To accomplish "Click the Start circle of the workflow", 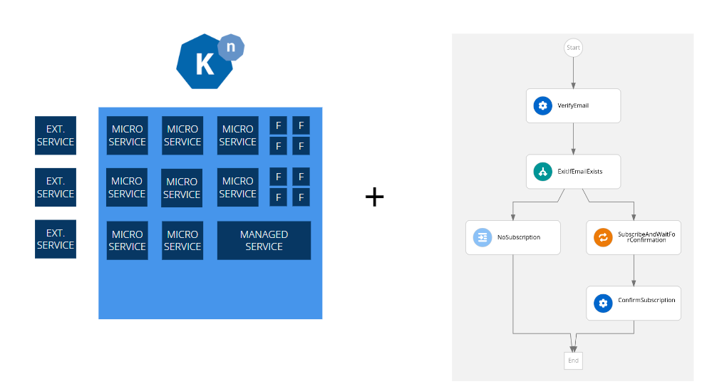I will click(573, 48).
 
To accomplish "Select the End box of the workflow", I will click(573, 360).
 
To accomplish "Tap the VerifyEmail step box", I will click(574, 105).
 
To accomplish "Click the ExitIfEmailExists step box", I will click(574, 172).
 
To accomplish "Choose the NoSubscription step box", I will click(513, 237).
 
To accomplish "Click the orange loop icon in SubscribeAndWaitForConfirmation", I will click(603, 237).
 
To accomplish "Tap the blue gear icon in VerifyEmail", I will click(542, 105).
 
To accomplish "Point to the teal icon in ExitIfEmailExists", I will click(542, 172).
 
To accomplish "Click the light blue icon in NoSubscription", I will click(482, 237).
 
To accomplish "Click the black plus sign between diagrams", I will click(374, 197).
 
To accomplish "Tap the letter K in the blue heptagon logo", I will click(205, 64).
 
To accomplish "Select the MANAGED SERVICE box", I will click(264, 240).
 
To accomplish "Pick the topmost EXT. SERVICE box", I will click(56, 135).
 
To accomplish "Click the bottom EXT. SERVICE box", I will click(56, 239).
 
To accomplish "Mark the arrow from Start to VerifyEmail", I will click(573, 73).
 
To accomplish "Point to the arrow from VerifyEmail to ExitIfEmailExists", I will click(574, 139).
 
